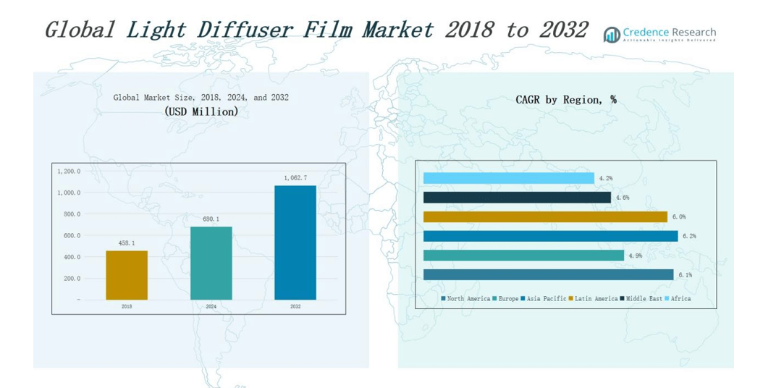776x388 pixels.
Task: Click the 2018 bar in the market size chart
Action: coord(127,275)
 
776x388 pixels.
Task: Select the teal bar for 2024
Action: coord(211,263)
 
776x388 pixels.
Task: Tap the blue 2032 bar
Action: coord(295,242)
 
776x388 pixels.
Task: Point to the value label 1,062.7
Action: coord(295,178)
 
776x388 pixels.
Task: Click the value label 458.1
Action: coord(127,243)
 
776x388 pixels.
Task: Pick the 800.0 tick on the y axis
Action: coord(69,214)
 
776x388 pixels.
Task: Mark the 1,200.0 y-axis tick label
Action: coord(68,172)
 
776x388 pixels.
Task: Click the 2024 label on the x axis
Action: coord(211,306)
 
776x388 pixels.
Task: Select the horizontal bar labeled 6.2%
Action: coord(550,236)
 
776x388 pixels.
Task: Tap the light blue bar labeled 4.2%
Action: coord(508,178)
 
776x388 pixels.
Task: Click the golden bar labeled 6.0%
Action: coord(545,216)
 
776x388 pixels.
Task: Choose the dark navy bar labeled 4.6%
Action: coord(517,197)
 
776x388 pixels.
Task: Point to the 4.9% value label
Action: coord(634,256)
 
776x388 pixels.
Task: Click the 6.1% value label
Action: coord(685,275)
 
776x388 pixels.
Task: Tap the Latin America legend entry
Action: coord(593,298)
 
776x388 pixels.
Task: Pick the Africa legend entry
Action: coord(678,298)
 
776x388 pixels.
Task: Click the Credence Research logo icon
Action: coord(612,34)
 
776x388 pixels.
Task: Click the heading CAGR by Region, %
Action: coord(566,100)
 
